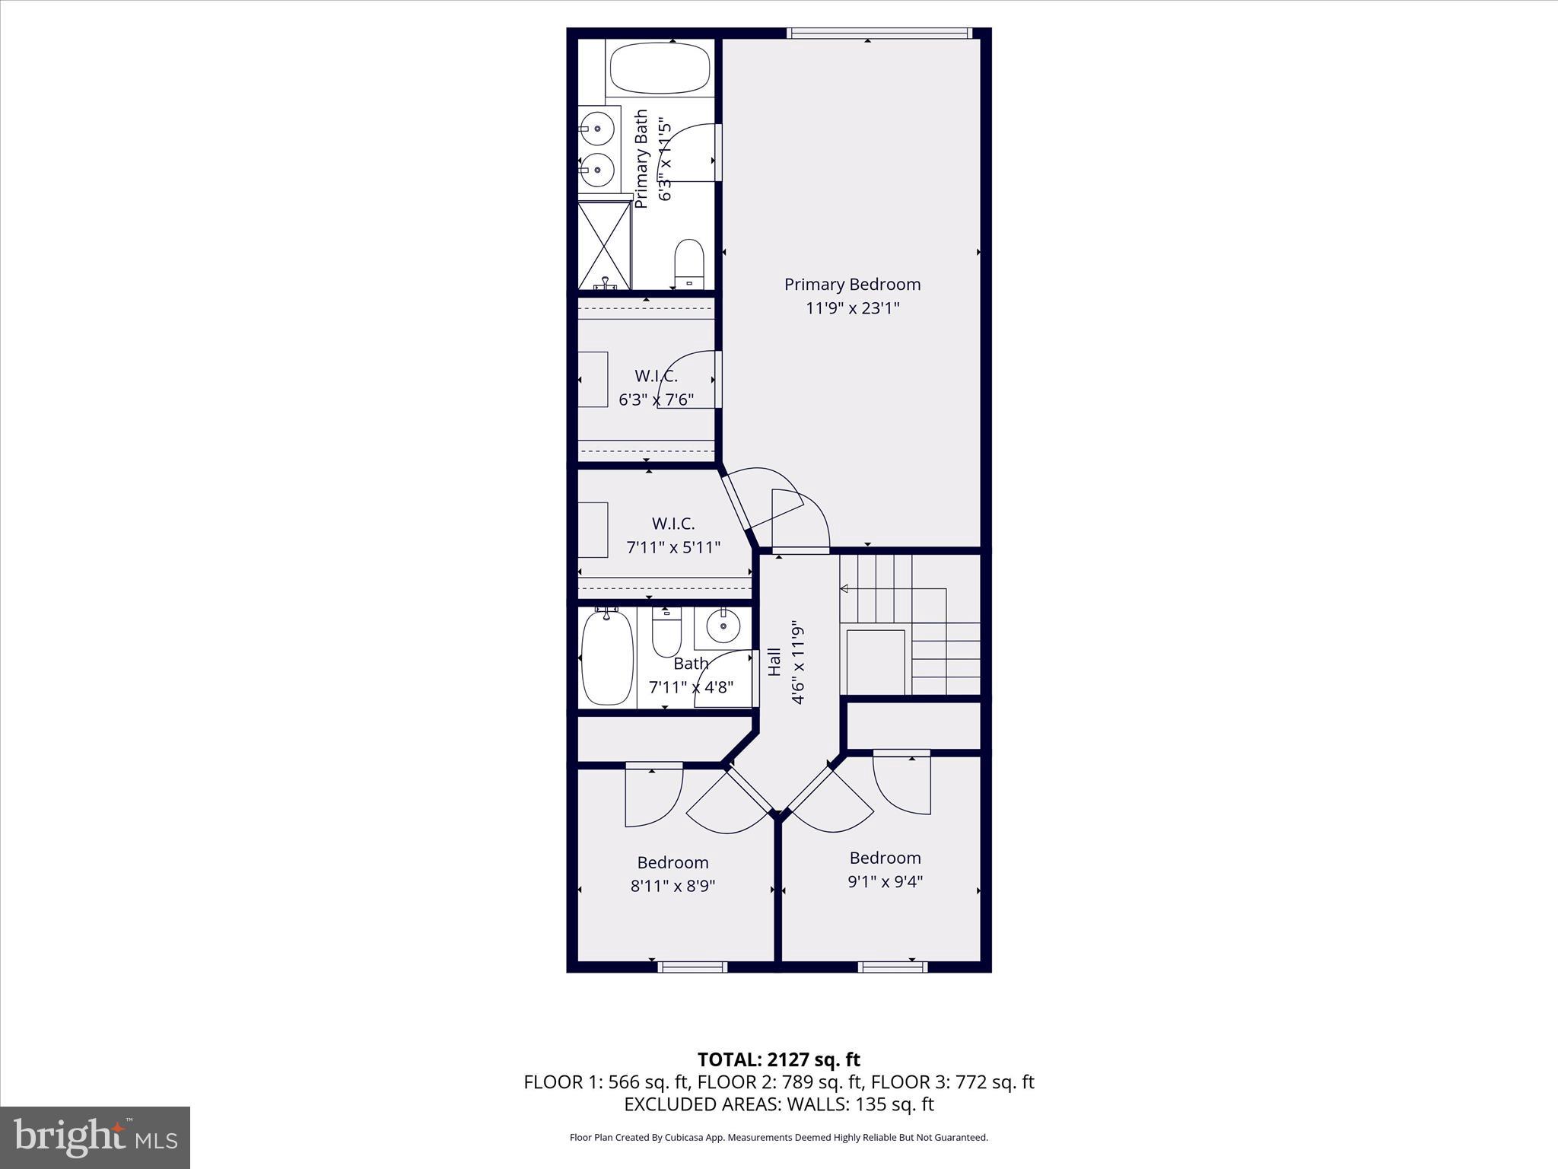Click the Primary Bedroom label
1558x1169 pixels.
pos(852,284)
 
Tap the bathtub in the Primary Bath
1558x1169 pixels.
pos(660,68)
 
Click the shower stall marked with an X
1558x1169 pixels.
pos(604,245)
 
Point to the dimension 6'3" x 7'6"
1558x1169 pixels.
pos(656,400)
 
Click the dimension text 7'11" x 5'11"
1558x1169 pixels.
pos(673,547)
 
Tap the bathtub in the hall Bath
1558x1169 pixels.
pos(607,658)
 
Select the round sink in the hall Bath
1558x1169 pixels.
pos(722,626)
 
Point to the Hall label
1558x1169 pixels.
pos(774,661)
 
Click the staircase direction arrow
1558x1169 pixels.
pos(844,588)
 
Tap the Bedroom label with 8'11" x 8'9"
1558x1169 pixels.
pos(672,862)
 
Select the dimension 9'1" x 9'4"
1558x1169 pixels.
pos(885,881)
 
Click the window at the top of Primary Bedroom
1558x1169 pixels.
pos(879,33)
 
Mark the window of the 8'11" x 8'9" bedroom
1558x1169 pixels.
pos(692,967)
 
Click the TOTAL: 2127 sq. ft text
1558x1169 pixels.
pos(778,1059)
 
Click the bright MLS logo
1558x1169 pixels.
pos(95,1137)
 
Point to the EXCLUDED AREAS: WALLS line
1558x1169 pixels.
pos(778,1104)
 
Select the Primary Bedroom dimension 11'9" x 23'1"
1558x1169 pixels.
pos(852,308)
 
